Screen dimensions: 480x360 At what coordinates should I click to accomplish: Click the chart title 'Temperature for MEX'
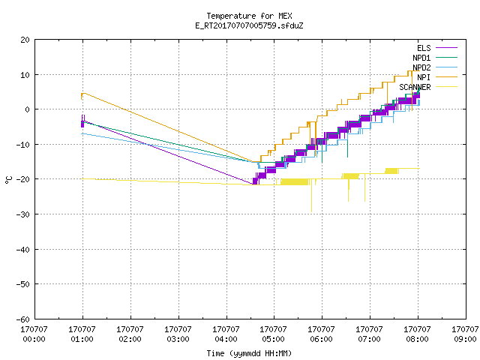point(249,16)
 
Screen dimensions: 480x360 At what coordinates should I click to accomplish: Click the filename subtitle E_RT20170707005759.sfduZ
point(249,25)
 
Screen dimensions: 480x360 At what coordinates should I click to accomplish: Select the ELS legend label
point(424,48)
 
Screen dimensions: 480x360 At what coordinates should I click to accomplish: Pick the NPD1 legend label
point(421,58)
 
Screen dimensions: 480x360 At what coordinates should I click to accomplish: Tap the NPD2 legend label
point(421,67)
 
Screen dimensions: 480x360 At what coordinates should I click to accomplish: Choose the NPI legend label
point(424,77)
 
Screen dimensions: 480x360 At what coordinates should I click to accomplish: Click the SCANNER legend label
point(415,87)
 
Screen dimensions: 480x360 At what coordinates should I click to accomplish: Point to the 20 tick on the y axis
point(25,40)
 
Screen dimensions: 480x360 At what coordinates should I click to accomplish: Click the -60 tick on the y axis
point(23,319)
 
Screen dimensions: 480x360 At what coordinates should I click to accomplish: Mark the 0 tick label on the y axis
point(28,109)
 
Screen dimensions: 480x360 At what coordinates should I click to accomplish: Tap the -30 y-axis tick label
point(23,214)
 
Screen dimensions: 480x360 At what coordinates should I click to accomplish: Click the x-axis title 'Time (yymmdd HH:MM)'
point(249,353)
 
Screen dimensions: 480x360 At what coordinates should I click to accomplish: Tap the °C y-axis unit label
point(8,180)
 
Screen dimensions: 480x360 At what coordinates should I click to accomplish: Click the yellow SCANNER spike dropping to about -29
point(312,196)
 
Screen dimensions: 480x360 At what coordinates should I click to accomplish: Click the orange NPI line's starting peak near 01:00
point(83,93)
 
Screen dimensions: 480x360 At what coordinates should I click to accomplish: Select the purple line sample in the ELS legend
point(446,48)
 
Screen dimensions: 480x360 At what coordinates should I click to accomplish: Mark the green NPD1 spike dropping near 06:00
point(322,151)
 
